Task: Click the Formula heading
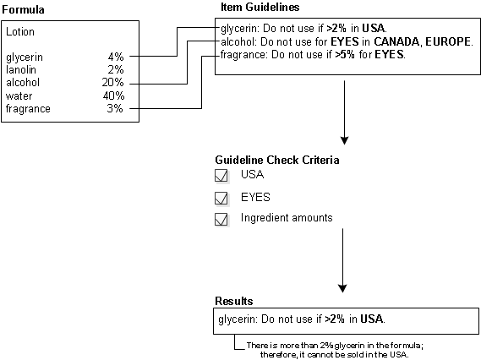(23, 9)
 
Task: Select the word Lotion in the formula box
(20, 32)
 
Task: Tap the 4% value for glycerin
(116, 57)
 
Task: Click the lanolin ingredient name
(21, 70)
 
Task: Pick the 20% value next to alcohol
(113, 82)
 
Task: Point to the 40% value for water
(113, 95)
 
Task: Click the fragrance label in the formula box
(28, 108)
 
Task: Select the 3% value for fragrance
(115, 108)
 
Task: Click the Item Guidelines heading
(260, 7)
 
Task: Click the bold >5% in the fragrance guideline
(345, 55)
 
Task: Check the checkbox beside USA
(221, 176)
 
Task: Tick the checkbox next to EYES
(221, 198)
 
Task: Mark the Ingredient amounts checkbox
(221, 219)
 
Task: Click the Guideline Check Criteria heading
(277, 160)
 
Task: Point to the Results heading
(234, 301)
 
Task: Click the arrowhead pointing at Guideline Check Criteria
(345, 140)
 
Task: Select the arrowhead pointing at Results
(342, 288)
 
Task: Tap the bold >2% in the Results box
(335, 319)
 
